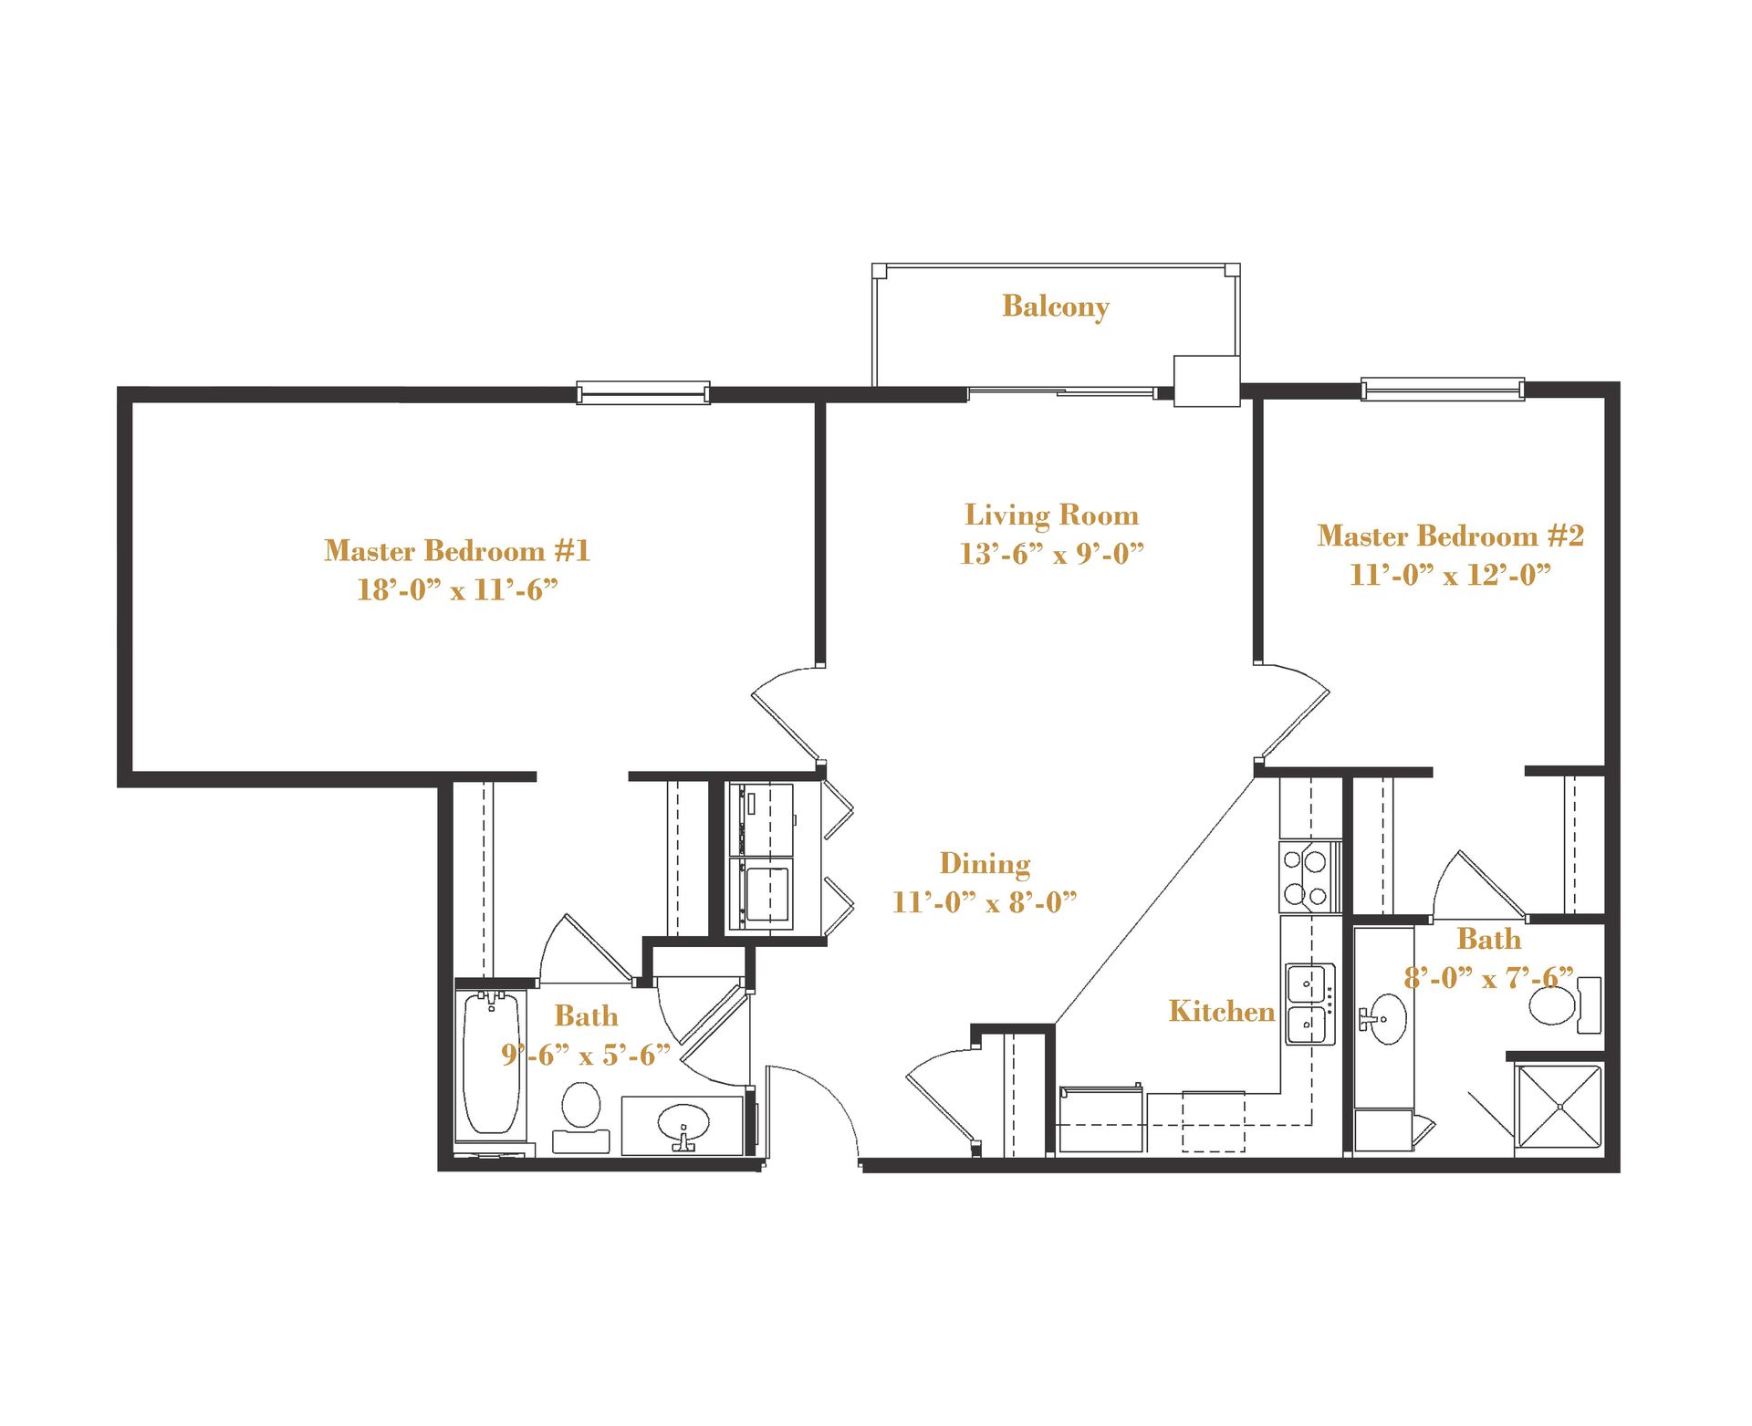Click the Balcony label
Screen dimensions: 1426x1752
(x=1055, y=307)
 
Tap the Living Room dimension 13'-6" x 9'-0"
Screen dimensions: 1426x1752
(x=1051, y=554)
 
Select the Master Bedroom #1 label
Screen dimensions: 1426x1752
(x=456, y=550)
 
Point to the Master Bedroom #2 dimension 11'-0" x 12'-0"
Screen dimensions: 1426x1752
(x=1450, y=575)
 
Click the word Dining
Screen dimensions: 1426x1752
(x=985, y=863)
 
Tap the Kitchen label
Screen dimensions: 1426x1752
(x=1221, y=1011)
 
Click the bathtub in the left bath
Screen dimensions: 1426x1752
(x=491, y=1063)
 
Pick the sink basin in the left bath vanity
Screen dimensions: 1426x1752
(x=683, y=1122)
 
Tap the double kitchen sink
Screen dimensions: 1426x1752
(x=1309, y=1004)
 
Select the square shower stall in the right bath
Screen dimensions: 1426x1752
(x=1559, y=1106)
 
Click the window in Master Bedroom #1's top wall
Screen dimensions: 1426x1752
(x=643, y=393)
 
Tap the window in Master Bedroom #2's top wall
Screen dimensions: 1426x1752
(x=1442, y=389)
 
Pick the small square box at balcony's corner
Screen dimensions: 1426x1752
(x=1205, y=380)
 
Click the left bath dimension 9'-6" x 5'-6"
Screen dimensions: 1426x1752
(x=585, y=1056)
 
